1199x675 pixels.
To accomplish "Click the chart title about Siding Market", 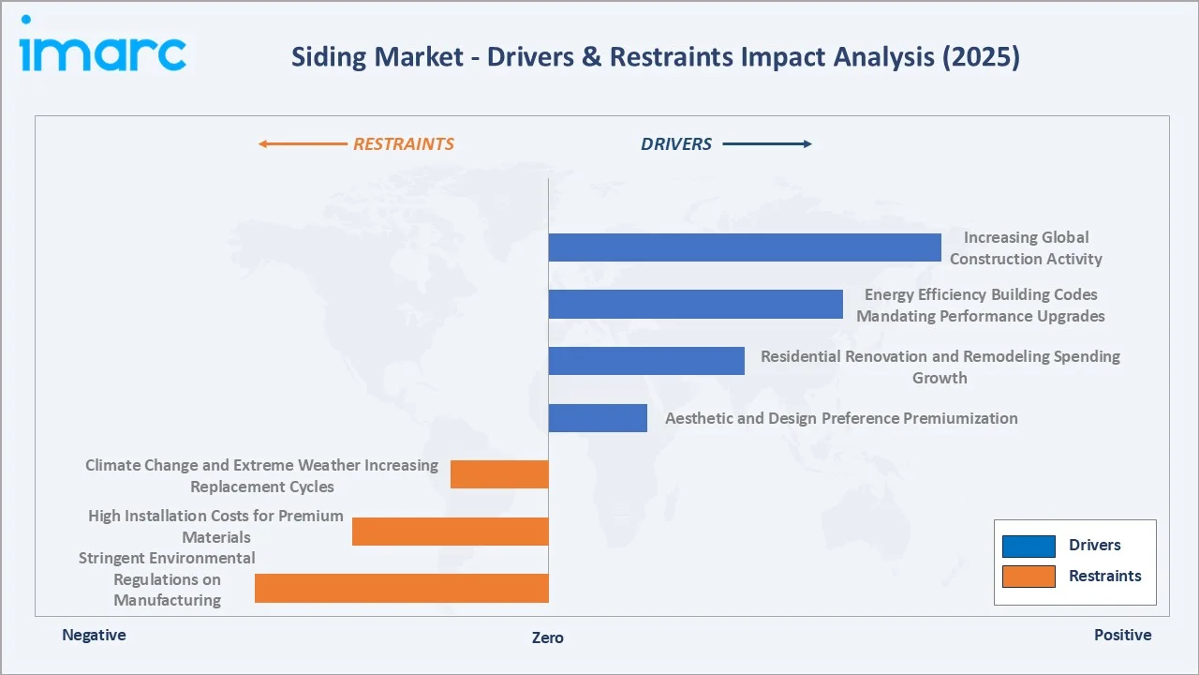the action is pos(655,57).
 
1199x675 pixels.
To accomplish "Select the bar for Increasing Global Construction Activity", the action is pos(745,247).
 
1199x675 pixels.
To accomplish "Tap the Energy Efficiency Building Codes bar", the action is pos(695,304).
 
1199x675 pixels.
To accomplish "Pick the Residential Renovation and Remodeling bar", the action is pos(646,361).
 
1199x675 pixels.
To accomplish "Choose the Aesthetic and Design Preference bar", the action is pos(598,418).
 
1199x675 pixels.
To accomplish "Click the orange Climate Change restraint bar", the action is pos(499,474).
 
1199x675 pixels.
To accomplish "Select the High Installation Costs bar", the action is pos(450,532).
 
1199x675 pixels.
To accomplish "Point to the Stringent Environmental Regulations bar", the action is pos(401,588).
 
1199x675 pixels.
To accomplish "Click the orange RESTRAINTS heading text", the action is pos(403,144).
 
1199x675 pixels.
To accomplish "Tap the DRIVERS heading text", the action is pos(676,144).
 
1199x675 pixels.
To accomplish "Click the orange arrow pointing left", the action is pos(302,144).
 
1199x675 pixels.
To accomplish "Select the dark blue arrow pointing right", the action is pos(767,144).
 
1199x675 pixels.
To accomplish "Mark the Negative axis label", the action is pos(94,635).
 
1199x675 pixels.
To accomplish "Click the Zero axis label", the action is pos(548,637).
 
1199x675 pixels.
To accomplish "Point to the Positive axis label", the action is pos(1122,635).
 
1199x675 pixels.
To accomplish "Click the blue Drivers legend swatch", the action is pos(1029,546).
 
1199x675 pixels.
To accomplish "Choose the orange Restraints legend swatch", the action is pos(1029,577).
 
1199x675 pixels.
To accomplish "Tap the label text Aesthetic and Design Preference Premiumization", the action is pos(841,418).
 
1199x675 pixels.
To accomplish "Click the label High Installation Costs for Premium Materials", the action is pos(215,526).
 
